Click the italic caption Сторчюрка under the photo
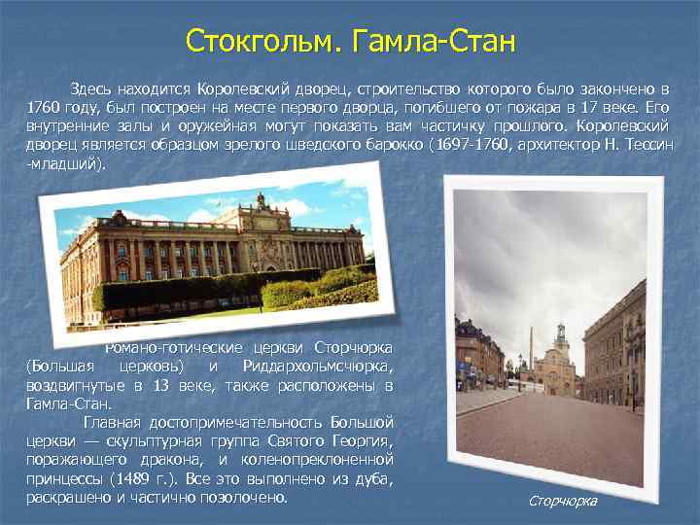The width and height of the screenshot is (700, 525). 563,500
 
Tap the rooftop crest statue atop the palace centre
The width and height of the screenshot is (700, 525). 260,200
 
